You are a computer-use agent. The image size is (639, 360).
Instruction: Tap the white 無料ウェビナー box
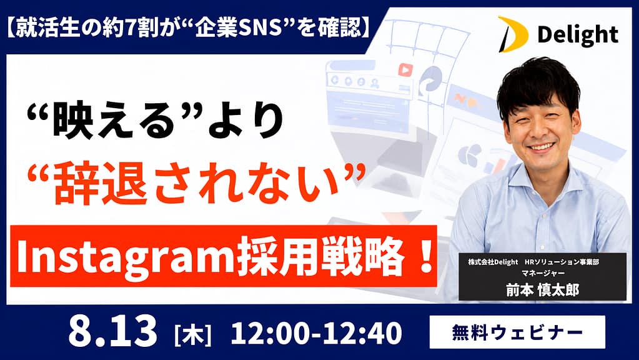tap(517, 332)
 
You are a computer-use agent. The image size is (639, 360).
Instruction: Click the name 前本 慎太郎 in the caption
tap(542, 290)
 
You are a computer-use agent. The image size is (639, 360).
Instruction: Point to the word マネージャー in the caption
tap(543, 273)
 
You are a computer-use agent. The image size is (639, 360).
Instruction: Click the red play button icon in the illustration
tap(405, 70)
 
